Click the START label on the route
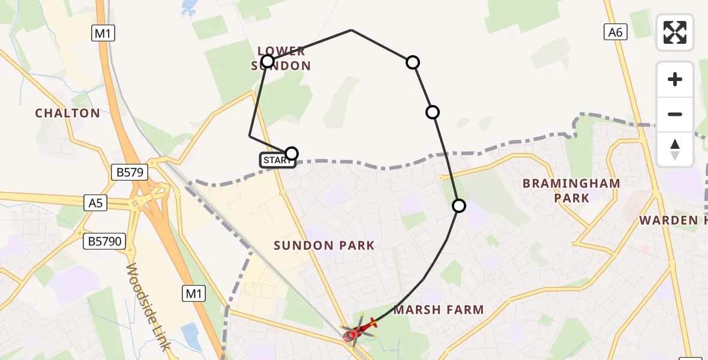(x=277, y=160)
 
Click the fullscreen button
(x=675, y=32)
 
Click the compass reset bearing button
(x=675, y=149)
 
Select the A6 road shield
(x=616, y=32)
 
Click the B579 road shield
(x=129, y=173)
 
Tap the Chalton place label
(x=67, y=113)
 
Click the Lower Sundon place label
(x=282, y=58)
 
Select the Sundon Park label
(x=324, y=245)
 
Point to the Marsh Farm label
(x=439, y=310)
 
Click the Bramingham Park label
(x=571, y=190)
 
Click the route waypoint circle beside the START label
(x=291, y=154)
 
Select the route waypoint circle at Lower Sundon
(x=268, y=61)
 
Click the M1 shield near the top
(x=103, y=34)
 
